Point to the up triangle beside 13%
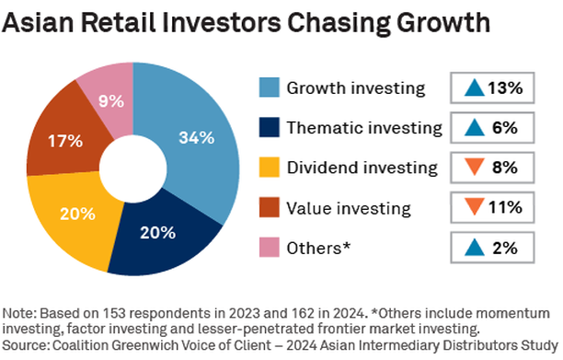click(x=474, y=88)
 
